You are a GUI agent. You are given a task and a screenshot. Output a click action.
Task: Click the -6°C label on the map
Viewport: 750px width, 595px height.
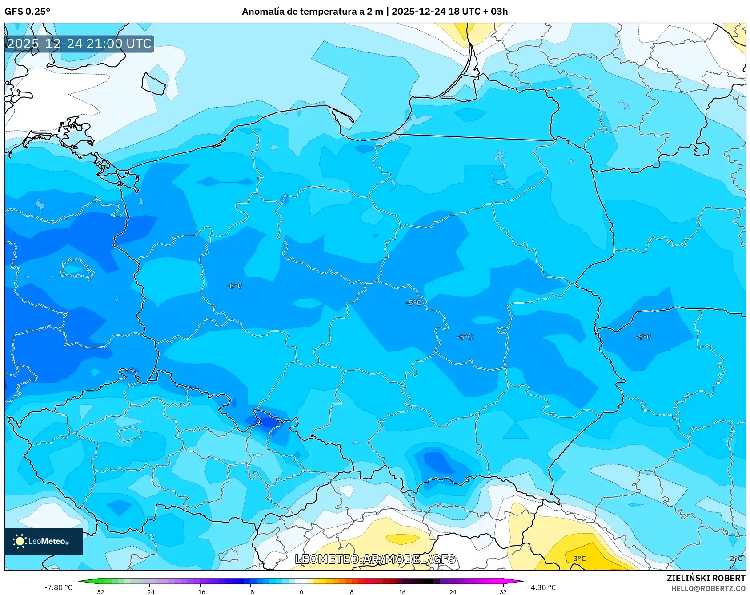click(x=234, y=286)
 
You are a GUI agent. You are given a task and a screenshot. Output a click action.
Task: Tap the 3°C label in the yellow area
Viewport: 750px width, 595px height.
click(x=579, y=559)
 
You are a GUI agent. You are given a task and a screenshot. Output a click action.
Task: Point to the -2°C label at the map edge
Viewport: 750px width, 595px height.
click(x=734, y=559)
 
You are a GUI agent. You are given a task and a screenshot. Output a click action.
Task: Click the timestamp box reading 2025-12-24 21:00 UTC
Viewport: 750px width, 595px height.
click(x=79, y=44)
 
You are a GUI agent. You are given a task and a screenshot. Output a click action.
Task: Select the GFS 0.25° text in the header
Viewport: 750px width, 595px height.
click(x=27, y=12)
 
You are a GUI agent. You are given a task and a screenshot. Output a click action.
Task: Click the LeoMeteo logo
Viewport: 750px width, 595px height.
click(x=43, y=541)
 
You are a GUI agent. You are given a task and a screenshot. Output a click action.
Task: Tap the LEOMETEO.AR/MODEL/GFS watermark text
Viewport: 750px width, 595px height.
click(x=375, y=559)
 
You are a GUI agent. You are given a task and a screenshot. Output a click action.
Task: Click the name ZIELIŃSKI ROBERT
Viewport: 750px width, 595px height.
click(x=706, y=578)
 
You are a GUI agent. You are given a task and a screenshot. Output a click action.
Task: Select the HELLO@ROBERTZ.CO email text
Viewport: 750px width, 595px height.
click(x=708, y=588)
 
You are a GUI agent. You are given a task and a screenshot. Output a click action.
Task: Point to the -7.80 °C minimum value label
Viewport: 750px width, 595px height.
click(x=58, y=587)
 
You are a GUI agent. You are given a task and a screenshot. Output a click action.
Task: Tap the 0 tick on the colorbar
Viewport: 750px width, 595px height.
click(x=301, y=591)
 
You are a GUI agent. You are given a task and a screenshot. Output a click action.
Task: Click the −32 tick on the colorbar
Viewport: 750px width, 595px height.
click(x=99, y=591)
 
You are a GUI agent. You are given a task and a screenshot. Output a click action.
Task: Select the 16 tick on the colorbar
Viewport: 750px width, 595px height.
click(x=402, y=591)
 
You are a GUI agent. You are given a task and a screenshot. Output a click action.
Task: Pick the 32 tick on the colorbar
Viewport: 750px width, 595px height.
click(x=503, y=591)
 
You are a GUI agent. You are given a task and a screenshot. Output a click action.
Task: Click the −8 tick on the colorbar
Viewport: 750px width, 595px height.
click(x=250, y=591)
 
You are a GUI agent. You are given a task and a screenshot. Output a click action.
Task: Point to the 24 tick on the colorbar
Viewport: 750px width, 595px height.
click(x=453, y=591)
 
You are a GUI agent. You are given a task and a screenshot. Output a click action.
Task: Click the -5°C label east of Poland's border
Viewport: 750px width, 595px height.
click(x=643, y=337)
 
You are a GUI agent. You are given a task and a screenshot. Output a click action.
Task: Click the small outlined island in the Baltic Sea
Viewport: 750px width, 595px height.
click(x=154, y=84)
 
